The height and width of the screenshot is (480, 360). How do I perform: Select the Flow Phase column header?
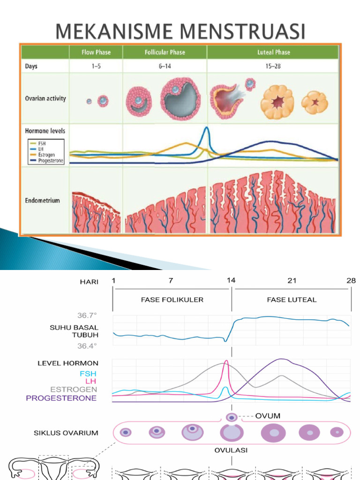96,52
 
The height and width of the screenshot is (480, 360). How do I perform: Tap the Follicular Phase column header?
165,52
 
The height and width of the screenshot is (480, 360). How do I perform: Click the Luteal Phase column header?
274,52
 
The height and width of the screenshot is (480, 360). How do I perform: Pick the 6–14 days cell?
165,66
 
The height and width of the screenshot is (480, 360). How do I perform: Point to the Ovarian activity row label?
45,98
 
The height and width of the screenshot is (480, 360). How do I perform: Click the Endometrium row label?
43,200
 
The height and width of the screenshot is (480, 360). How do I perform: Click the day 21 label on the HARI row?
292,281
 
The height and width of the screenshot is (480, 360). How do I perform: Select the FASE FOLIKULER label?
172,300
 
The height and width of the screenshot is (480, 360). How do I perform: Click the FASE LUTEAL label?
292,300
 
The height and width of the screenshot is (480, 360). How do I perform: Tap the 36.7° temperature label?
87,316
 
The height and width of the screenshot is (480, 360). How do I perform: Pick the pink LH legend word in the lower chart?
91,381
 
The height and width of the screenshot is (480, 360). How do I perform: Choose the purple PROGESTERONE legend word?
61,398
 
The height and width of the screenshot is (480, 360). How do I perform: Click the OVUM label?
268,416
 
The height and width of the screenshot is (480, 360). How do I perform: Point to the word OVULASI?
232,450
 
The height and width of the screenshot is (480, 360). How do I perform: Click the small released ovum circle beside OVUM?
231,417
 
